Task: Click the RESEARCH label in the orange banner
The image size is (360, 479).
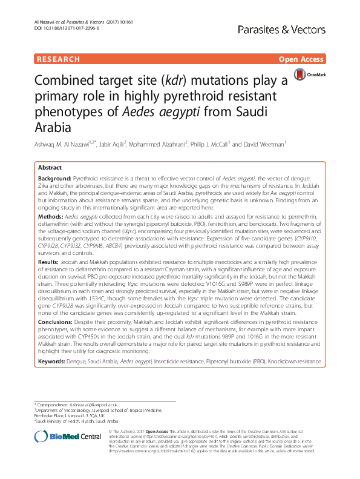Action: coord(58,59)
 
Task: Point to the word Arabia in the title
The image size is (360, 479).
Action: coord(52,128)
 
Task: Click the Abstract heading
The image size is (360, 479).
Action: coord(50,167)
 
